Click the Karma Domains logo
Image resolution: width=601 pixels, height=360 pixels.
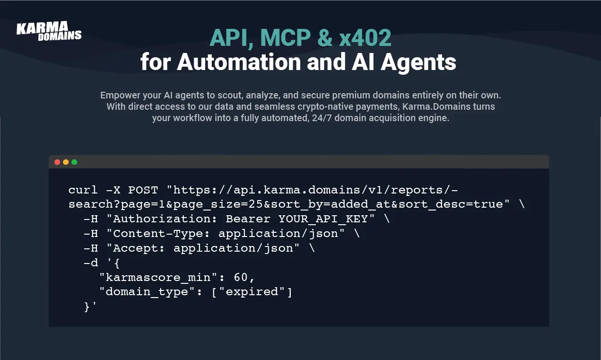point(49,31)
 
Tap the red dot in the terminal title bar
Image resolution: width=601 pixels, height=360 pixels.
point(57,162)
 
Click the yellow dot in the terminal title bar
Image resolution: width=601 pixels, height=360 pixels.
point(66,162)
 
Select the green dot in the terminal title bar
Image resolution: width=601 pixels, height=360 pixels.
point(74,162)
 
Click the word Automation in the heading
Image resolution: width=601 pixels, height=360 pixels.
point(239,62)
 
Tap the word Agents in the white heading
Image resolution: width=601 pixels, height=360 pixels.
point(418,63)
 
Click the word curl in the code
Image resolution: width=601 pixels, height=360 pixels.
point(83,190)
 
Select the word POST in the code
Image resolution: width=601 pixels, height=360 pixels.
point(143,190)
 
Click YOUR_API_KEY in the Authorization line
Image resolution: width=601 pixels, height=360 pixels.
point(323,219)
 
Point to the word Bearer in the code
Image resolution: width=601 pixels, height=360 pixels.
point(248,219)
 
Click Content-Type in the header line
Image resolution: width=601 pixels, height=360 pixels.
point(158,233)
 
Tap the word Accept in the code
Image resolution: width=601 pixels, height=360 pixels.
point(135,248)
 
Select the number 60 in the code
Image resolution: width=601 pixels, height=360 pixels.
point(241,277)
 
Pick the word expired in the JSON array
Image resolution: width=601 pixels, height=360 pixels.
point(252,292)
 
